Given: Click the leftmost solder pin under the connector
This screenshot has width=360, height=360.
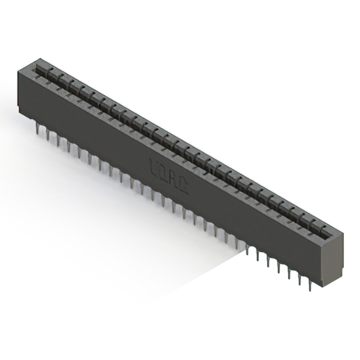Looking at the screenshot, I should [x=37, y=130].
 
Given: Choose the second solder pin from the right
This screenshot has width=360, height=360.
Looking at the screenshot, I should [x=300, y=280].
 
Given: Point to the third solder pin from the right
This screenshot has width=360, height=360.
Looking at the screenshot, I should [x=290, y=274].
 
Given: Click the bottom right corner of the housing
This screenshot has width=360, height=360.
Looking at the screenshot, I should [x=323, y=286].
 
